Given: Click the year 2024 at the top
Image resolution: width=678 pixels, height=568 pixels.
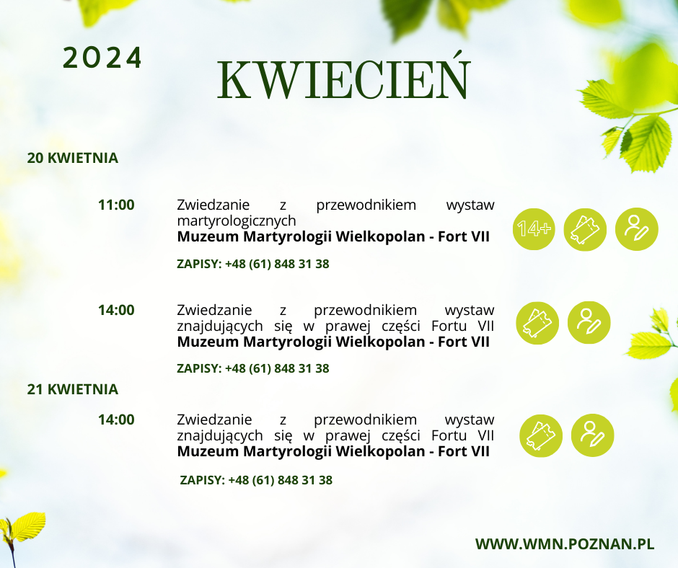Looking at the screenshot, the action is [x=102, y=58].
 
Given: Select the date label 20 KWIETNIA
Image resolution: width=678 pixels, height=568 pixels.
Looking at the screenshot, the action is [x=73, y=158].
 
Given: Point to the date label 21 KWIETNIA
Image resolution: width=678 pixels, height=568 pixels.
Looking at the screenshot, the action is [x=73, y=389].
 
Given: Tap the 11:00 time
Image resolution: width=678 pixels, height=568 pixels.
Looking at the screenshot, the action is [x=116, y=205].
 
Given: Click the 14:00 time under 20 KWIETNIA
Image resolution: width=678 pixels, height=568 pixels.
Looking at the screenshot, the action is [x=116, y=310].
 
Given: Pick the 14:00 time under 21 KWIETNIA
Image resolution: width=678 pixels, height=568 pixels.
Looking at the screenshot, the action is [x=116, y=420].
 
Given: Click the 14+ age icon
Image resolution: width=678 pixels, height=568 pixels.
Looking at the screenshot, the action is [x=534, y=229].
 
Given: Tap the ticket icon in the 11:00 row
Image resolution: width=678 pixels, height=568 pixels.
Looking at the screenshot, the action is [x=585, y=229].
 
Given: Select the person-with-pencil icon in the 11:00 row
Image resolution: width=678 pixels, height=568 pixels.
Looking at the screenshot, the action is [x=636, y=229].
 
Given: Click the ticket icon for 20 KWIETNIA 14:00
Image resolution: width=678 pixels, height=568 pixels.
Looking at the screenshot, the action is [x=537, y=323].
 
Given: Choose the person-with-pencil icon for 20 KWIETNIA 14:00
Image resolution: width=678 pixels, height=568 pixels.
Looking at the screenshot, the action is [x=589, y=322].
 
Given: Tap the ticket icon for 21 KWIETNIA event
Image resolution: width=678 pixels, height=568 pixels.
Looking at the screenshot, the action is [x=541, y=435].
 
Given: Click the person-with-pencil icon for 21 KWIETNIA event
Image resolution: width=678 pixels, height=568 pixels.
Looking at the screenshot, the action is [x=592, y=435].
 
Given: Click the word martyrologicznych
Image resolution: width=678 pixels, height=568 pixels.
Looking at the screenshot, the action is [x=237, y=221].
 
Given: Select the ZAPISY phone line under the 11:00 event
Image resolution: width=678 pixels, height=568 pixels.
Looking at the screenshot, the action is [x=253, y=264].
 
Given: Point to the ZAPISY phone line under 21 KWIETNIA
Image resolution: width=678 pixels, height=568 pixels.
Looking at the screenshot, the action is [x=256, y=480].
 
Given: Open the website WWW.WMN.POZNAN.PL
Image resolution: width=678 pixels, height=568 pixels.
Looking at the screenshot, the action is [x=565, y=543].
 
